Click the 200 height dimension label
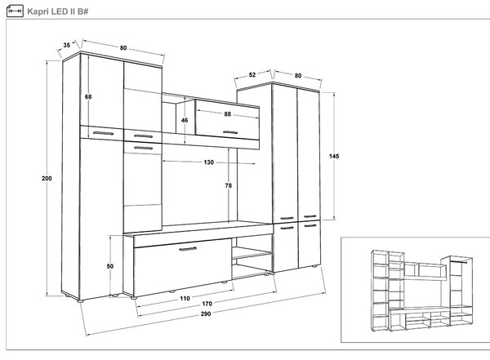pos(47,179)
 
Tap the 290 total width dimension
pos(206,313)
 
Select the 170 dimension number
pos(207,304)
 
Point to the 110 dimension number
pos(185,299)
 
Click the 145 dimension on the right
pos(334,156)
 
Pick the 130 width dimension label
pos(209,162)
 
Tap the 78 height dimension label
pos(229,185)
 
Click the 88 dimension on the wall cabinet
pos(227,114)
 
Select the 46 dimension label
pos(185,120)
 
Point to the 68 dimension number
pos(88,97)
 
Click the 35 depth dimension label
pos(67,45)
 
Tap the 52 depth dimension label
pos(252,74)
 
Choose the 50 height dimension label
pos(110,266)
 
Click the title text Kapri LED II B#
pos(58,11)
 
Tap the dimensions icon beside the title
pos(15,11)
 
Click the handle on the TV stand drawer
pos(188,249)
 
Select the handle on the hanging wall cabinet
pos(230,132)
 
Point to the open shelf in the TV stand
pos(252,253)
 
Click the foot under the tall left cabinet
pos(80,301)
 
